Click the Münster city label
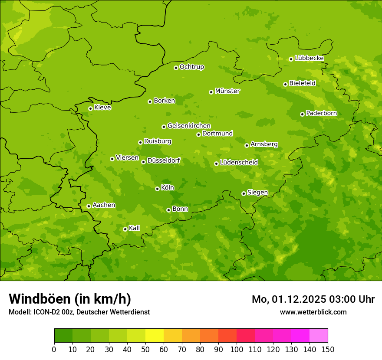227,91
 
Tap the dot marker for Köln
157,189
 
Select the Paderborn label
321,113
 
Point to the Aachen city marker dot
89,206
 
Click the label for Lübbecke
309,58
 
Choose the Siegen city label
257,193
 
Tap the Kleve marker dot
90,108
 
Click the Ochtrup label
191,67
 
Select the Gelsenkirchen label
189,126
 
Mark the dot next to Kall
125,229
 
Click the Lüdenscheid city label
239,163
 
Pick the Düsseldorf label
163,160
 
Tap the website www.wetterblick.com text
313,312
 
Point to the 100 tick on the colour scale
237,349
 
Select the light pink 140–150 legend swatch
319,336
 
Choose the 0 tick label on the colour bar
54,349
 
